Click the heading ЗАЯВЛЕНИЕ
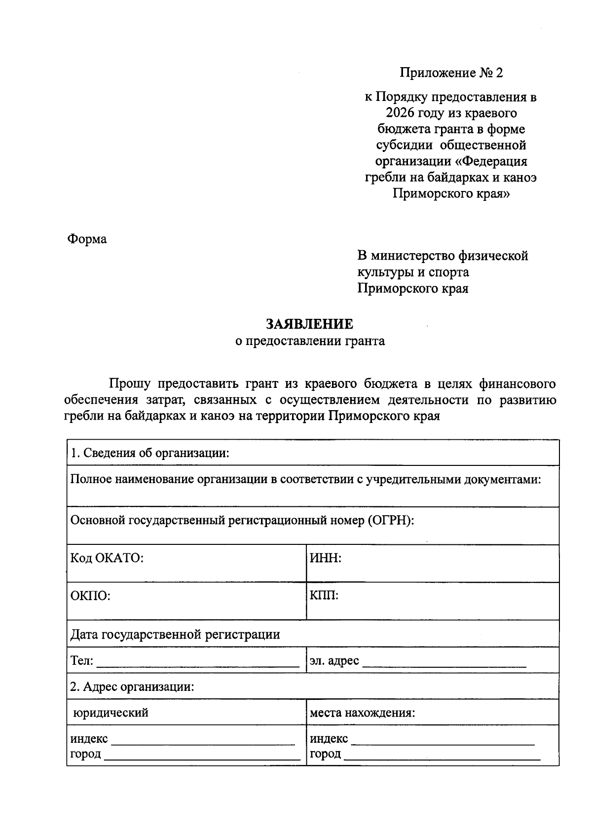tap(310, 324)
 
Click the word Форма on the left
tap(87, 239)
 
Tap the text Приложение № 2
tap(451, 73)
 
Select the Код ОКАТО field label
tap(107, 558)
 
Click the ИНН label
tap(326, 558)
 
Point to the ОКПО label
tap(90, 596)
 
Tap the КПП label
tap(324, 595)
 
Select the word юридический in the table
tap(111, 713)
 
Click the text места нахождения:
tap(362, 713)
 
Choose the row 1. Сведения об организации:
tap(150, 453)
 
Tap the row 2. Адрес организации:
tap(132, 686)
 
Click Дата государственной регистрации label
tap(175, 634)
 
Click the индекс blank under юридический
tap(203, 740)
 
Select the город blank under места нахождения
tap(442, 756)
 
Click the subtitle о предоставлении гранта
tap(310, 341)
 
